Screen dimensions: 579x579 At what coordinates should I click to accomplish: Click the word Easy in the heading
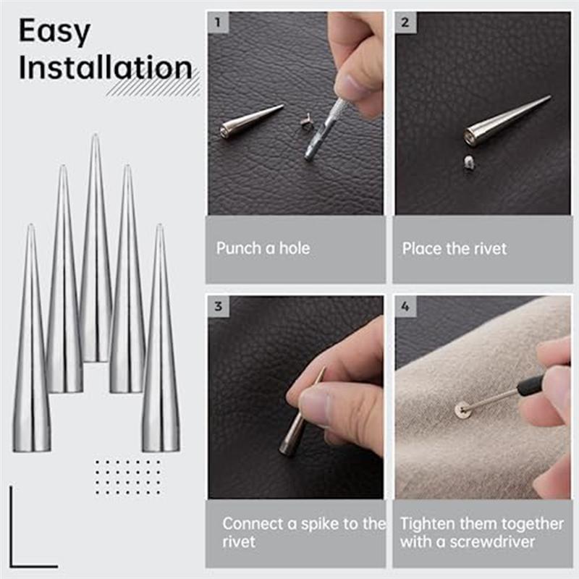click(x=54, y=32)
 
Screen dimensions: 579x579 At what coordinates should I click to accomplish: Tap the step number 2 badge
click(x=405, y=22)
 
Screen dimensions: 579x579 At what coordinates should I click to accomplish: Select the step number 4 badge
click(x=405, y=306)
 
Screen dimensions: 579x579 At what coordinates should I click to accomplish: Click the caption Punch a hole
click(x=263, y=248)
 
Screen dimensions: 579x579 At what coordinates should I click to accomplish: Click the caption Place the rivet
click(x=455, y=248)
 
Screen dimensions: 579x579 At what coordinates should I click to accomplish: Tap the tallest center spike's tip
click(x=95, y=138)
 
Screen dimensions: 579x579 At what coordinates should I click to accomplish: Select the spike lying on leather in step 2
click(x=503, y=122)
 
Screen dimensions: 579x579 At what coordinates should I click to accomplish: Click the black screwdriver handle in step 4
click(x=533, y=384)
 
